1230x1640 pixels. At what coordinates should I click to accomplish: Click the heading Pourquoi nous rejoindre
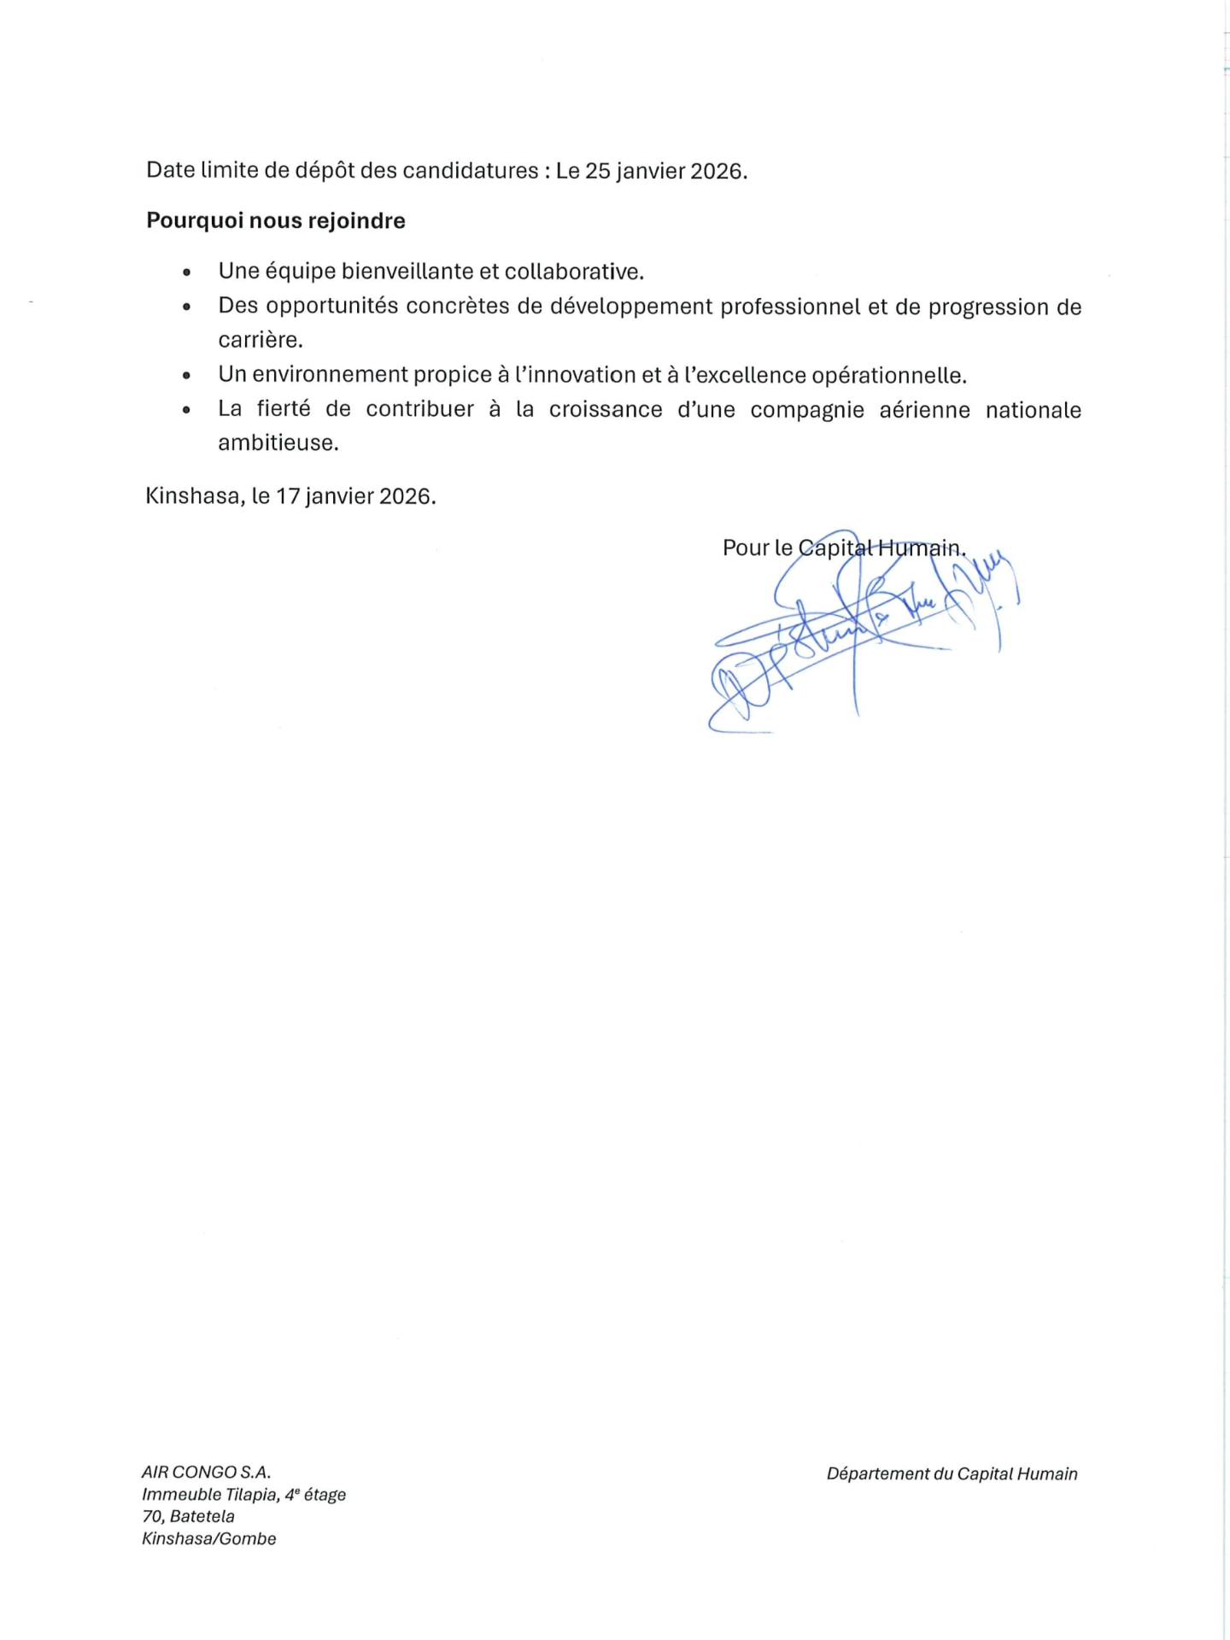(275, 221)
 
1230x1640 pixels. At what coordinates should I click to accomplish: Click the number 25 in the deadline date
(597, 171)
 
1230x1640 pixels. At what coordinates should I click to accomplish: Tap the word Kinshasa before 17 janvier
(195, 496)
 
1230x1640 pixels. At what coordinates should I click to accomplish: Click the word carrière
(260, 340)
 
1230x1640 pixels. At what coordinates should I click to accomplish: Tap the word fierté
(283, 409)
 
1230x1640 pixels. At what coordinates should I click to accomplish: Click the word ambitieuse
(278, 443)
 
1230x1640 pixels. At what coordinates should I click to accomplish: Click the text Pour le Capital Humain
(843, 548)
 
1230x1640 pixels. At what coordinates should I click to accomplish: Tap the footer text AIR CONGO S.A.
(206, 1473)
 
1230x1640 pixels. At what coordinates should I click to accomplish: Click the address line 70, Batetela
(188, 1517)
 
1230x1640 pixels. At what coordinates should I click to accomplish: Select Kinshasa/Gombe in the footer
(208, 1539)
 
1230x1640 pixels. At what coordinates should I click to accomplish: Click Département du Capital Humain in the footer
(952, 1474)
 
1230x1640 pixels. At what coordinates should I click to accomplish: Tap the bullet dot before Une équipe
(186, 272)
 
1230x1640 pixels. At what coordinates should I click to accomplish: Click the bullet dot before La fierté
(186, 410)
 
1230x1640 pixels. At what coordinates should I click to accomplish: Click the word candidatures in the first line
(470, 171)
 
